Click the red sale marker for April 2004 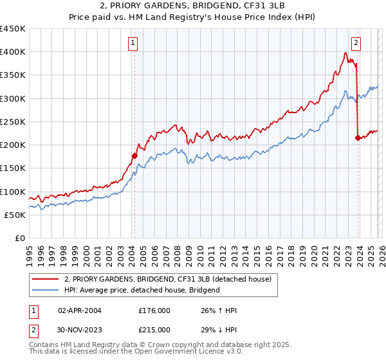(134, 155)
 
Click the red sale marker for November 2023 (358, 137)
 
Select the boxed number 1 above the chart (132, 43)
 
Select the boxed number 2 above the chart (356, 43)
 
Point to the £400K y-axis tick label (12, 52)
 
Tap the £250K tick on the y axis (12, 122)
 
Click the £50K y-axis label (15, 215)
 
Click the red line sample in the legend (45, 279)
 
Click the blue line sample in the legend (45, 290)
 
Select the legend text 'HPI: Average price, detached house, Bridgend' (142, 290)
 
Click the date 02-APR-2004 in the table (79, 310)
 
